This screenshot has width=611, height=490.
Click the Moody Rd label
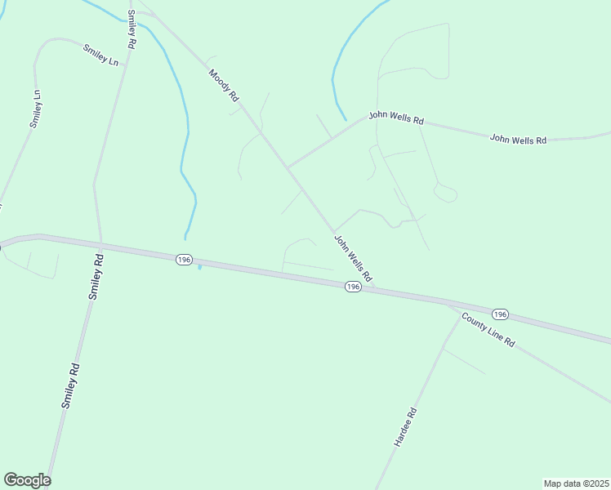[223, 85]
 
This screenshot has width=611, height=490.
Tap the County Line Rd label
[487, 331]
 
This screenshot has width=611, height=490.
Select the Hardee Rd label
[405, 426]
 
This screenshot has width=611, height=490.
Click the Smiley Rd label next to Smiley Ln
[131, 29]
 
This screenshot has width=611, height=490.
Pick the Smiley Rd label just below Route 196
[96, 277]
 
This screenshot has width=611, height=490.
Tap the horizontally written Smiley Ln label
[101, 55]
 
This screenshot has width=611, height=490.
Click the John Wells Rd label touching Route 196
[353, 257]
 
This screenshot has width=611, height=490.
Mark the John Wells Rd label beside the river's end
[396, 118]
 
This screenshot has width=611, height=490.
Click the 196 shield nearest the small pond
[183, 259]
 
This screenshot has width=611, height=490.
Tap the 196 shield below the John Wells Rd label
[352, 287]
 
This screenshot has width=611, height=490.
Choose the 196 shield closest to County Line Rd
[500, 314]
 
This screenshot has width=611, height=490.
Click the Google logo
[27, 480]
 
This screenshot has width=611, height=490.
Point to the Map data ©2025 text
[576, 483]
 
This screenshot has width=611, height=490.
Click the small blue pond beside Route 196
[199, 267]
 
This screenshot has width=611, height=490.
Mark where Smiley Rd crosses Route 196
[100, 243]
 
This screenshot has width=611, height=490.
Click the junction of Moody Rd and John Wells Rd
[287, 167]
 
